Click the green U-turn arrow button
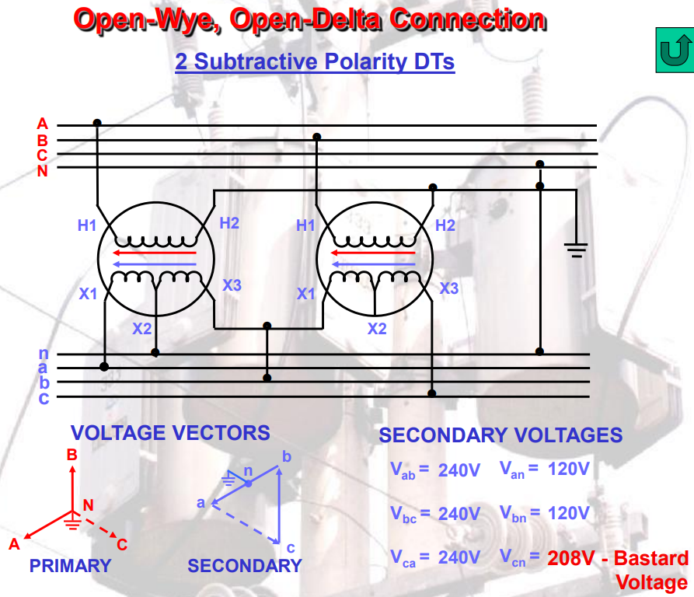(x=672, y=50)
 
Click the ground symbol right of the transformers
(x=575, y=250)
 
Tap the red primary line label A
(x=42, y=124)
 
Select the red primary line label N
(x=42, y=171)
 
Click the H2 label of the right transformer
(x=445, y=225)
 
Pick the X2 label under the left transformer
(x=141, y=328)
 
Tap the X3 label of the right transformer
(x=449, y=288)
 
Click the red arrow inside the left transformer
(x=155, y=252)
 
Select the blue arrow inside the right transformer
(x=374, y=265)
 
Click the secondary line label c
(x=44, y=398)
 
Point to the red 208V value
(x=572, y=558)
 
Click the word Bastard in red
(x=654, y=558)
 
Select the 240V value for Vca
(x=459, y=557)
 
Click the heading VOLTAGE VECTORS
(x=170, y=433)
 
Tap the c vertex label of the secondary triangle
(x=290, y=547)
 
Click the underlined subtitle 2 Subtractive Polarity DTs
(x=314, y=61)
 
